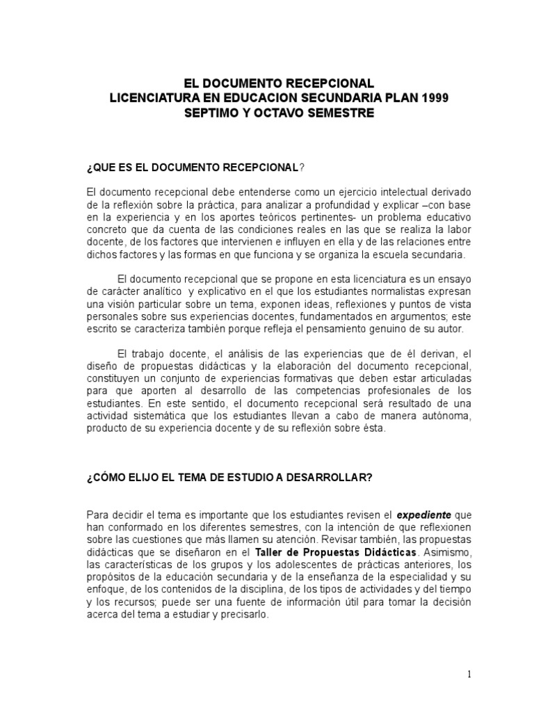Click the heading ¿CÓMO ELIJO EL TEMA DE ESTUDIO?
[x=229, y=478]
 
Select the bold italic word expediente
[x=424, y=515]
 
